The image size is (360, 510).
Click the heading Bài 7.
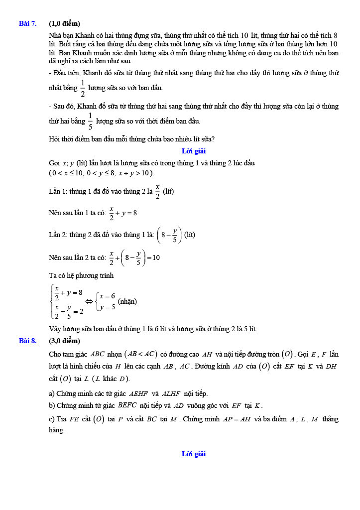[x=27, y=23]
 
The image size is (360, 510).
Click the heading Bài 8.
[x=27, y=341]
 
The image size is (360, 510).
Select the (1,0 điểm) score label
[x=64, y=23]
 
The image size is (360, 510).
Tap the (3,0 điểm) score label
[x=64, y=341]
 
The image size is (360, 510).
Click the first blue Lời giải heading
[x=194, y=151]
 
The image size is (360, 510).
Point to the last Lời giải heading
[x=194, y=454]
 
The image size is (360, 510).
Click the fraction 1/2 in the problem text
[x=83, y=88]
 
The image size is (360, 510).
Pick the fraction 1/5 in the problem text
[x=90, y=121]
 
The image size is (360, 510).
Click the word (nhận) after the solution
[x=127, y=301]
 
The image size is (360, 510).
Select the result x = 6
[x=107, y=296]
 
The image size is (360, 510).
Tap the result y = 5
[x=107, y=307]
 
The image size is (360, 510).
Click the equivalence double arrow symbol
[x=90, y=301]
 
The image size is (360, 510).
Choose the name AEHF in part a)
[x=134, y=393]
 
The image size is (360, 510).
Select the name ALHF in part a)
[x=172, y=393]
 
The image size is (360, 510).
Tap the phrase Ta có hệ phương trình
[x=81, y=275]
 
